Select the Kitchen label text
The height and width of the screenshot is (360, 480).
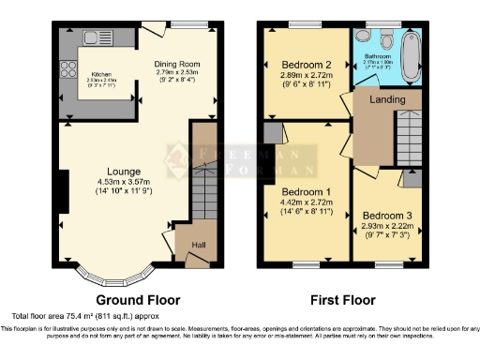(102, 74)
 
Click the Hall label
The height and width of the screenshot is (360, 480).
(199, 246)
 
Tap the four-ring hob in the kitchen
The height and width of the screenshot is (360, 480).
(67, 67)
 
